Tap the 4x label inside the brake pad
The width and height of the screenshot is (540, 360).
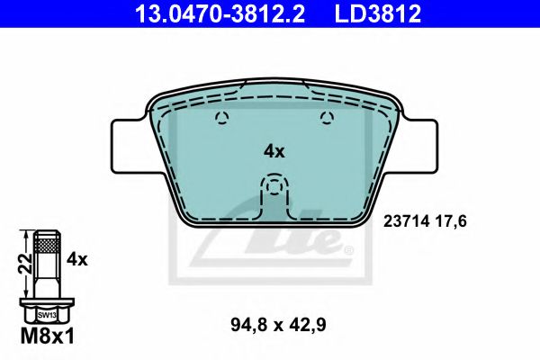[x=274, y=152]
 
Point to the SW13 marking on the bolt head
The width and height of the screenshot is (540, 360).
[x=47, y=315]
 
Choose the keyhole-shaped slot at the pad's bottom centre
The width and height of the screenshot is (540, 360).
[x=274, y=193]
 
